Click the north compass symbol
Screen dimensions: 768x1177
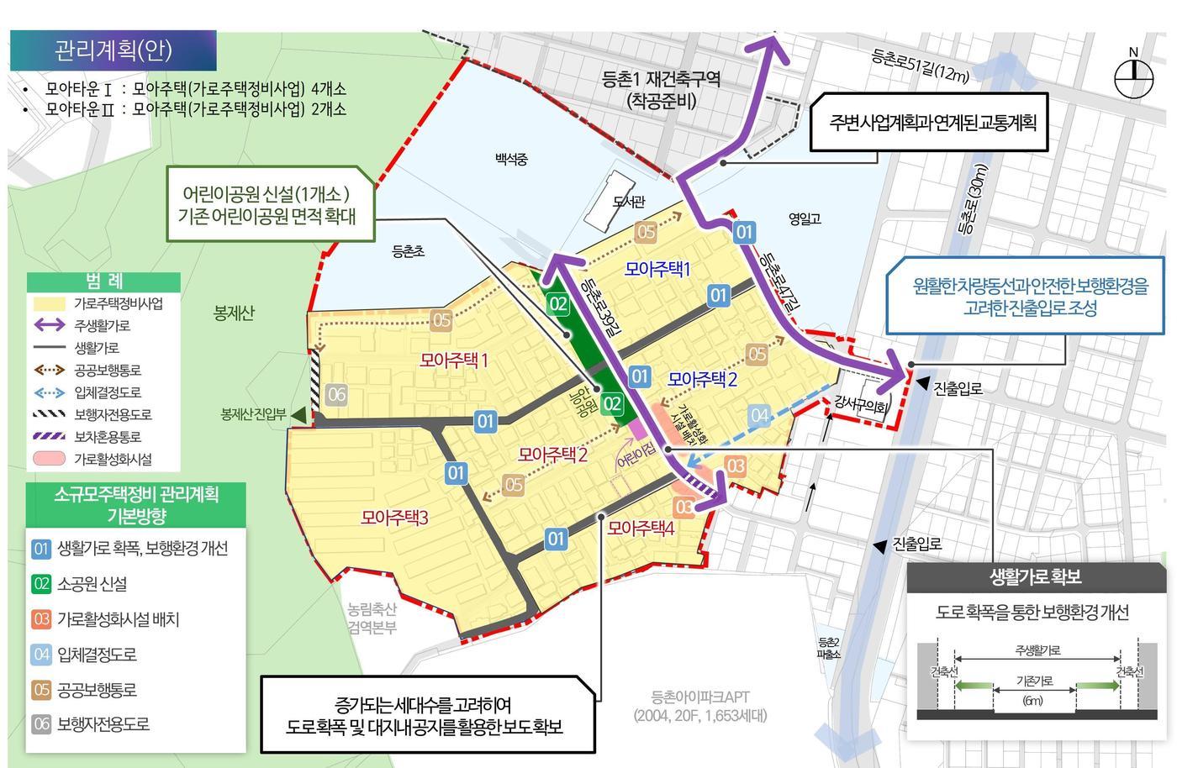(1133, 78)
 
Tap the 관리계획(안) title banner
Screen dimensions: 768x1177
(113, 50)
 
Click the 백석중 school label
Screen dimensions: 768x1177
(511, 159)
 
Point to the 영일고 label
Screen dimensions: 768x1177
(805, 218)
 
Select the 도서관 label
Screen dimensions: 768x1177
(629, 202)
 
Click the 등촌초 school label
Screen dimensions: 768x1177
(409, 251)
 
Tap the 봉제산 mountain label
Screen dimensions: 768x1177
(234, 313)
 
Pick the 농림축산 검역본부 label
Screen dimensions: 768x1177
(372, 618)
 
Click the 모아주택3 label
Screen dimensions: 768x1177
(394, 518)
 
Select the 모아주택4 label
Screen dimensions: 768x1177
(641, 529)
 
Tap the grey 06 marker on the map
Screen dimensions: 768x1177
(336, 394)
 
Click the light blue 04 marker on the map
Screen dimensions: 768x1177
(759, 415)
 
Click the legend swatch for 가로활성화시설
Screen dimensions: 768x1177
(49, 460)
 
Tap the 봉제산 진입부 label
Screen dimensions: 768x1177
(253, 414)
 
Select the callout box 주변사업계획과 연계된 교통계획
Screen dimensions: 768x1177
(932, 123)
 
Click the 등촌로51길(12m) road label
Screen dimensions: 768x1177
(920, 66)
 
